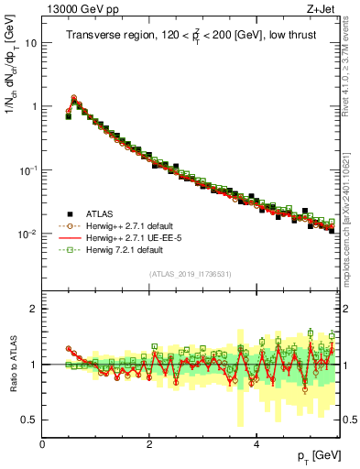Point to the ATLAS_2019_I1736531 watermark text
(190, 275)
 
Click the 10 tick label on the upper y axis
(31, 43)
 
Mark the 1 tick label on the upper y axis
(34, 106)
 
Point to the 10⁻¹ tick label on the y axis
(29, 170)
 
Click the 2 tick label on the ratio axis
(34, 309)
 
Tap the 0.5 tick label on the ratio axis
(29, 420)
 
